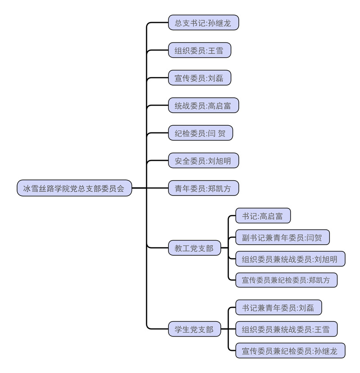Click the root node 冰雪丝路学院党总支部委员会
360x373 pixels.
(74, 188)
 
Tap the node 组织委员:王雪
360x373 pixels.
(199, 50)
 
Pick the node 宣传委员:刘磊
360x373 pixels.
(199, 77)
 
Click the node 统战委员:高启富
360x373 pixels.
(203, 105)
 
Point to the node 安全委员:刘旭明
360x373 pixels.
(203, 160)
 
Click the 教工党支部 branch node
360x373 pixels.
(194, 247)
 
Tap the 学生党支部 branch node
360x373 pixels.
(194, 329)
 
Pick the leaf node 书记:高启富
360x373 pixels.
(263, 216)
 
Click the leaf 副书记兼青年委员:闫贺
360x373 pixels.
(282, 237)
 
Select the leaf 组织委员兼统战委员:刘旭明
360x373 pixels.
(290, 259)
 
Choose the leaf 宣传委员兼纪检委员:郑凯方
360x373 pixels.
(286, 280)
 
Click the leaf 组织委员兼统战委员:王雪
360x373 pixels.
(286, 329)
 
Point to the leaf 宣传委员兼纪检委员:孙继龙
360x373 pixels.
(290, 350)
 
